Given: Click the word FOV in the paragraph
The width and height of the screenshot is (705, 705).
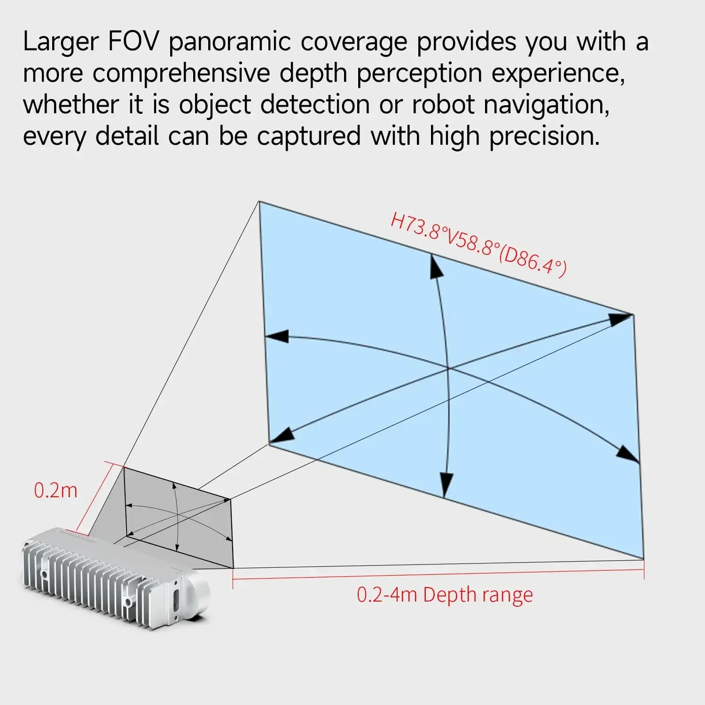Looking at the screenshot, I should coord(133,42).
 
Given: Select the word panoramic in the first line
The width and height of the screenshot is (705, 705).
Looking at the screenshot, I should coord(230,43).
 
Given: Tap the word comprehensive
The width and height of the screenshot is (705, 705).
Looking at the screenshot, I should coord(181,74).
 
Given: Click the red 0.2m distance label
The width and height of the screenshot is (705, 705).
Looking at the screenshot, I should coord(55,491).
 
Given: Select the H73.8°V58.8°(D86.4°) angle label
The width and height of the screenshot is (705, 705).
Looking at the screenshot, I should coord(478,245).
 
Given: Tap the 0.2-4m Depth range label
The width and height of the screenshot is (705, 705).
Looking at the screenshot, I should coord(445,595).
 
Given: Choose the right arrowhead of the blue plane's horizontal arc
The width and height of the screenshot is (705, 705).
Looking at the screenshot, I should coord(628,454).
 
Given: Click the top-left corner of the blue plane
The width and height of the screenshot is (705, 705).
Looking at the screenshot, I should coord(259,202).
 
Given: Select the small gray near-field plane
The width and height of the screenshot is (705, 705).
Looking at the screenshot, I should coord(179,517).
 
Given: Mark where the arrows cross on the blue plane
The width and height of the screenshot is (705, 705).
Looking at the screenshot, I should coord(448,369).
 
